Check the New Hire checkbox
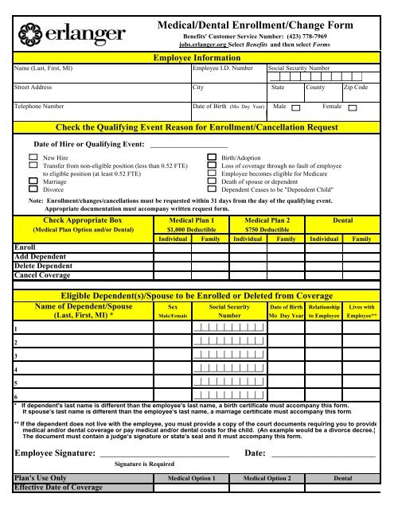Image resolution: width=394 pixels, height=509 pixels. coord(33,160)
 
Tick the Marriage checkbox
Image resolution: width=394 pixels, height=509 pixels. coord(33,181)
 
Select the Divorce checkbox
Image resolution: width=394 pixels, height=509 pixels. coord(33,192)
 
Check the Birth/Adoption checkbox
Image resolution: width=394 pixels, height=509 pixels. coord(212,160)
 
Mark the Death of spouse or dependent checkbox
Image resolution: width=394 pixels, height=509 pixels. coord(212,181)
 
